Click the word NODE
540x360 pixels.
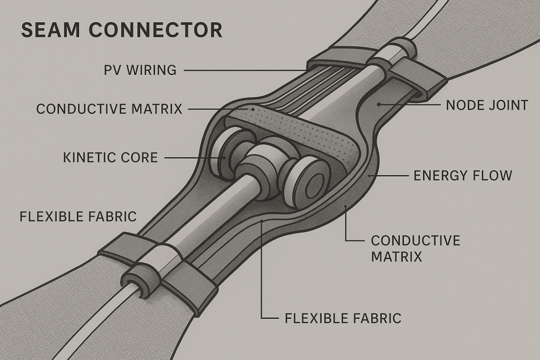coord(465,105)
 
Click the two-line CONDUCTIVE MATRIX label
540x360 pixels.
coord(415,249)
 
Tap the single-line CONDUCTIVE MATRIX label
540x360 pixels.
coord(109,109)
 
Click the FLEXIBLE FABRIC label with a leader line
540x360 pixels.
coord(343,318)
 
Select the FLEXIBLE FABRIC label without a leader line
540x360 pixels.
coord(78,216)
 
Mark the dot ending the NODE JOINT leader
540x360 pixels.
coord(378,105)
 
